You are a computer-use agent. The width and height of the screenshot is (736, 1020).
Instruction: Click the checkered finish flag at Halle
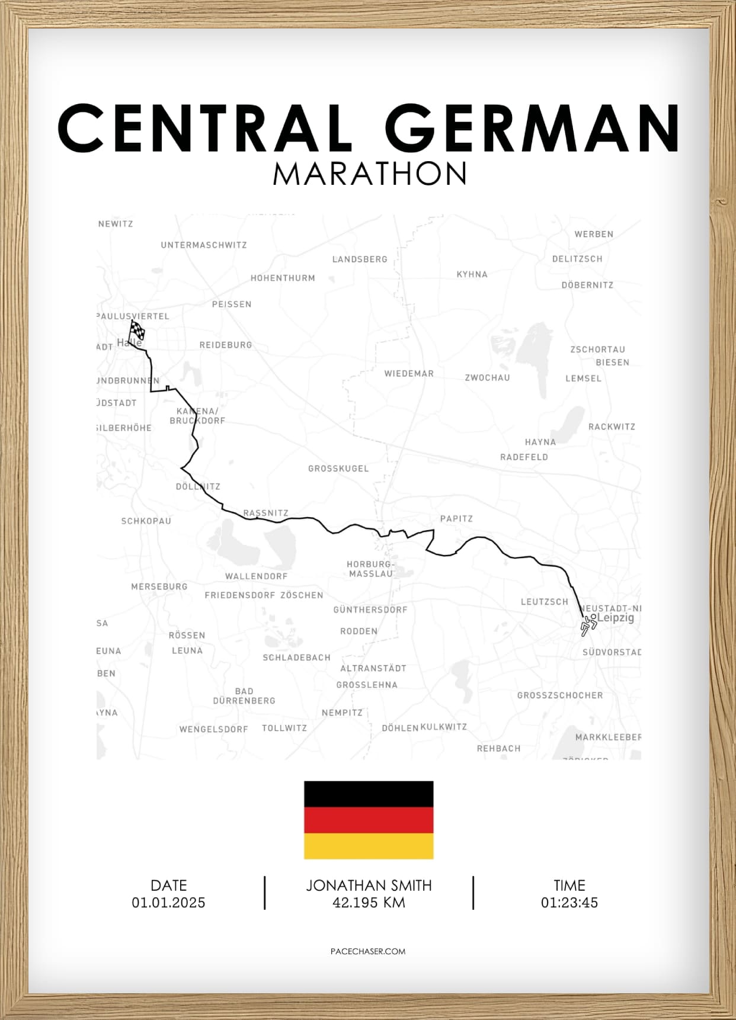tap(137, 329)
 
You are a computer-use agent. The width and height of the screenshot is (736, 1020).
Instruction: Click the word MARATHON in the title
tap(370, 174)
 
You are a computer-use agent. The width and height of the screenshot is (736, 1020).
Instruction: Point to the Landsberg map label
tap(360, 259)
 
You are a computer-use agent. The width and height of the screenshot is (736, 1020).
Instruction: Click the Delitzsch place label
tap(577, 259)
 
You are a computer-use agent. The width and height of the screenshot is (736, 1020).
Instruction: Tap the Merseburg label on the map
tap(159, 586)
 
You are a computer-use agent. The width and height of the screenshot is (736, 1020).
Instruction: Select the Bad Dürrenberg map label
tap(244, 696)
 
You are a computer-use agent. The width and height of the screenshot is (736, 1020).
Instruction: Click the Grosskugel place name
tap(338, 469)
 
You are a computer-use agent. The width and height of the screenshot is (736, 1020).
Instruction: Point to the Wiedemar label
tap(409, 374)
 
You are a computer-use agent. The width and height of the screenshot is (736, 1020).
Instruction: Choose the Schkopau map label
tap(146, 521)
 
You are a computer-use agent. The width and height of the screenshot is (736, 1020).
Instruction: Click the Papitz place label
tap(456, 519)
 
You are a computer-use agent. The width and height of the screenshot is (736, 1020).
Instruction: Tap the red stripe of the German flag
tap(369, 820)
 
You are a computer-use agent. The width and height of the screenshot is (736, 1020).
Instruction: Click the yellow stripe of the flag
tap(369, 846)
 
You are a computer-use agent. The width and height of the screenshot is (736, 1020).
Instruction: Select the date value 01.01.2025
tap(168, 903)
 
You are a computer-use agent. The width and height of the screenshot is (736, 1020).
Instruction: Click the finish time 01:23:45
tap(569, 903)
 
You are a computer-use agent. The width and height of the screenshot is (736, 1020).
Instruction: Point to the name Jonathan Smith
tap(369, 886)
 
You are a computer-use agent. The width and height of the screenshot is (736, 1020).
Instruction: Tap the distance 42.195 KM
tap(369, 903)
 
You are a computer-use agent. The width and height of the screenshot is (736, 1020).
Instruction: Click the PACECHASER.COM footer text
tap(368, 951)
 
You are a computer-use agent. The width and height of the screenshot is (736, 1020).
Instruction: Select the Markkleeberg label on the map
tap(608, 737)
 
